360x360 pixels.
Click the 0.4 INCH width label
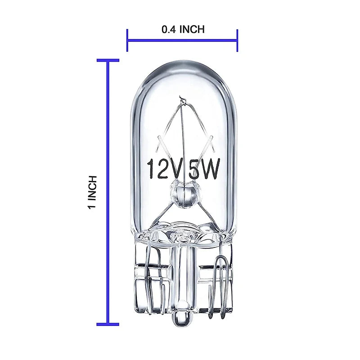tap(183, 30)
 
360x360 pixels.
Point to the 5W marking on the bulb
tap(206, 170)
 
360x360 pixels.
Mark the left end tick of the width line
tap(127, 40)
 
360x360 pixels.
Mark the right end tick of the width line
tap(237, 40)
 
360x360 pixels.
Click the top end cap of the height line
tap(108, 60)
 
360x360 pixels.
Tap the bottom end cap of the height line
tap(108, 324)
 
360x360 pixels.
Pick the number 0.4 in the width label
tap(169, 30)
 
